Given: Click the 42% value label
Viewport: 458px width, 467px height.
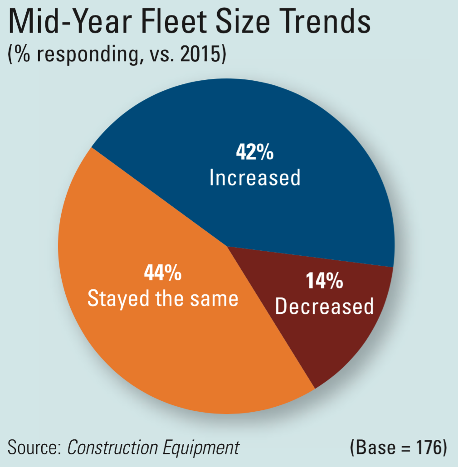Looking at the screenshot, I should click(x=254, y=153).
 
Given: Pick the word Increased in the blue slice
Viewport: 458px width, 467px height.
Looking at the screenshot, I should click(x=255, y=178).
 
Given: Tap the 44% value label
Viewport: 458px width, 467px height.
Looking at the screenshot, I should click(x=163, y=273).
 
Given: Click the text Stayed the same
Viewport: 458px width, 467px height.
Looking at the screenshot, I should click(x=163, y=299).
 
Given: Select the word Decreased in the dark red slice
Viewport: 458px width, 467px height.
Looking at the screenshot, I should click(x=325, y=307).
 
